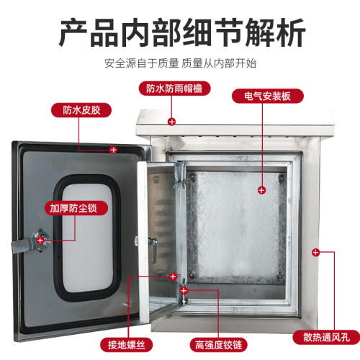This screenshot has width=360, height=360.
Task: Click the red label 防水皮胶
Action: click(x=81, y=110)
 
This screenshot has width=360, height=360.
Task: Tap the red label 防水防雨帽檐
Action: click(x=174, y=89)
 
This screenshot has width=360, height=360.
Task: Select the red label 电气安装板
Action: click(x=268, y=96)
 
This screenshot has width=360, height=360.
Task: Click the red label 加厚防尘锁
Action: click(x=76, y=208)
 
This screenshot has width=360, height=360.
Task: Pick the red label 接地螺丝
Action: click(x=127, y=345)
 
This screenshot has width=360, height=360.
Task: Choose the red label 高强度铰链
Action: click(x=218, y=345)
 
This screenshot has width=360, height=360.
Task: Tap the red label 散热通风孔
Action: click(x=326, y=337)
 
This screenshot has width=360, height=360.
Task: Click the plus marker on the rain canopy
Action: click(x=171, y=122)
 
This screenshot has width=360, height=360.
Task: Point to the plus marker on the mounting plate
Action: click(x=261, y=190)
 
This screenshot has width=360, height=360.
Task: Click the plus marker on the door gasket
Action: click(x=113, y=150)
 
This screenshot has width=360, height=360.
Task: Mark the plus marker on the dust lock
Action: click(x=40, y=240)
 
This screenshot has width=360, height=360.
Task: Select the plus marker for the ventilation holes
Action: click(x=316, y=252)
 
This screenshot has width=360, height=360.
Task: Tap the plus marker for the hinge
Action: click(x=184, y=291)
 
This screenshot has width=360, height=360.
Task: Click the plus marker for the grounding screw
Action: click(x=173, y=276)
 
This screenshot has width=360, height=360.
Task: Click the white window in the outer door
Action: click(x=87, y=238)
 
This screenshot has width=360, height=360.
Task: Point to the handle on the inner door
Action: click(x=153, y=249)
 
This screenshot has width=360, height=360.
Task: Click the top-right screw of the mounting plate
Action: click(x=282, y=178)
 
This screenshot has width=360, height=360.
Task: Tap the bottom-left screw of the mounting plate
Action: click(x=192, y=274)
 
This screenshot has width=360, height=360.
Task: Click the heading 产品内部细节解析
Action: click(x=182, y=33)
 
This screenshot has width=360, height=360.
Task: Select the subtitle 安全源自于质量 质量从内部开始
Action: click(x=181, y=63)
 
